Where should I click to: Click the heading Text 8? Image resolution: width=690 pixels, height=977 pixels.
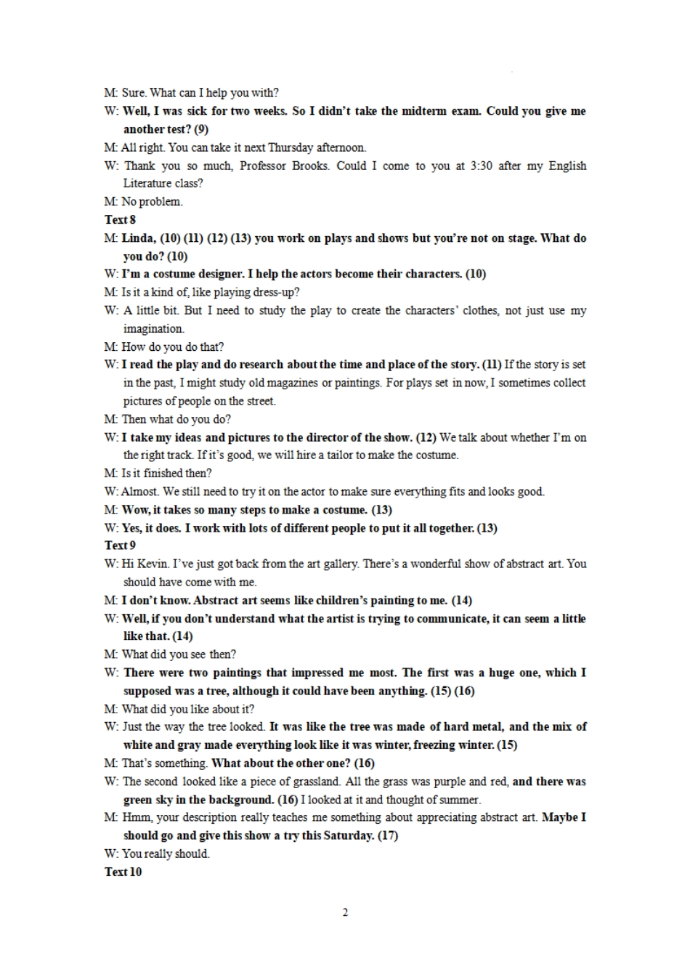pyautogui.click(x=120, y=219)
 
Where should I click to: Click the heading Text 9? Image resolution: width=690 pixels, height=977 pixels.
pyautogui.click(x=120, y=546)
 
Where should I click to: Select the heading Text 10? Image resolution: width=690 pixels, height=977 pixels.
pyautogui.click(x=123, y=872)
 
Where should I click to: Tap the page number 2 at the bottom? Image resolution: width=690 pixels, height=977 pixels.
pyautogui.click(x=345, y=912)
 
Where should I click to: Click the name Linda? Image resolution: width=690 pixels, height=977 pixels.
pyautogui.click(x=138, y=238)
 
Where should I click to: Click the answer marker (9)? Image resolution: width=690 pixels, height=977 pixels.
pyautogui.click(x=200, y=129)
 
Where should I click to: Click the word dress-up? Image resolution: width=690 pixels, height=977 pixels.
pyautogui.click(x=276, y=292)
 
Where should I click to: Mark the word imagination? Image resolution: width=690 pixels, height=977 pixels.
pyautogui.click(x=153, y=328)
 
